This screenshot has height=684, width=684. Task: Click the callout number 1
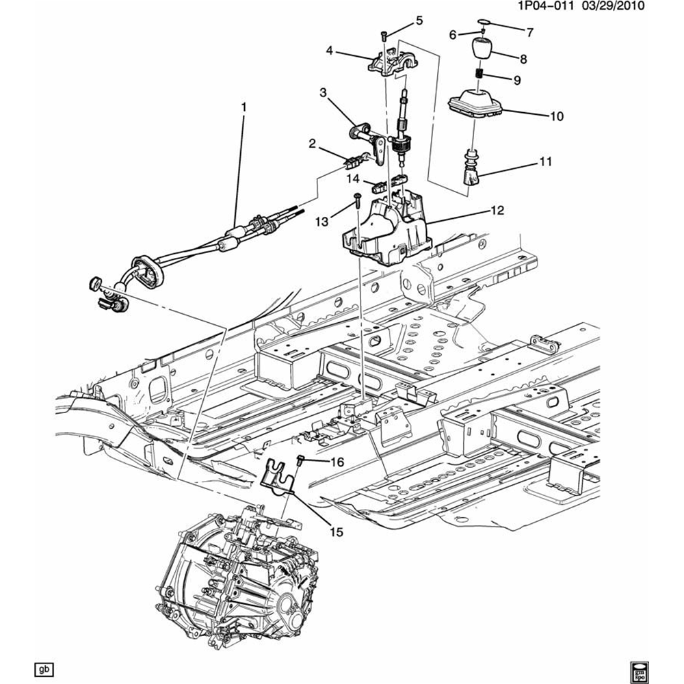coord(242,107)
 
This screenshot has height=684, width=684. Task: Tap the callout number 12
coord(497,211)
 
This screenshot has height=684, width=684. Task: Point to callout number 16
coord(337,462)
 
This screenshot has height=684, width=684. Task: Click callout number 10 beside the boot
coord(555,116)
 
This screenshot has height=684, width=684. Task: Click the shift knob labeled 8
coord(482,52)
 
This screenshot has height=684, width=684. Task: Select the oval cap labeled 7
coord(484,23)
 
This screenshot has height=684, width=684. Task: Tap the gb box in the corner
coord(44,668)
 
